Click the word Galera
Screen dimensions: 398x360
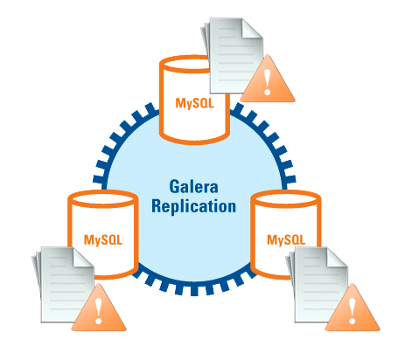[x=193, y=187]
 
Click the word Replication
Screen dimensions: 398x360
[x=193, y=206]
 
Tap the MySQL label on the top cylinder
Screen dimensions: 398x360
[x=194, y=103]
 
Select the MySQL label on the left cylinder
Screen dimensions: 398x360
[x=103, y=239]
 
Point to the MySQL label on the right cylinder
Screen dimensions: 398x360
[x=286, y=239]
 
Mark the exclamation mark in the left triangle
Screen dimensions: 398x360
[x=99, y=311]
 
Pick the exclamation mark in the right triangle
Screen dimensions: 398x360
[x=353, y=311]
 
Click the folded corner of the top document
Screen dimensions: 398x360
[x=251, y=28]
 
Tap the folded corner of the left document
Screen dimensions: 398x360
[x=82, y=257]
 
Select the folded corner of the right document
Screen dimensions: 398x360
[x=336, y=257]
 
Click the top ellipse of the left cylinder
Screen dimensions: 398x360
[x=103, y=199]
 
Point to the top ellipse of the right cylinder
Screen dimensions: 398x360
[x=286, y=199]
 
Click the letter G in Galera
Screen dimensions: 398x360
[x=174, y=187]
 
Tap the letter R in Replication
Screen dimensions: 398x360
[x=157, y=205]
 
